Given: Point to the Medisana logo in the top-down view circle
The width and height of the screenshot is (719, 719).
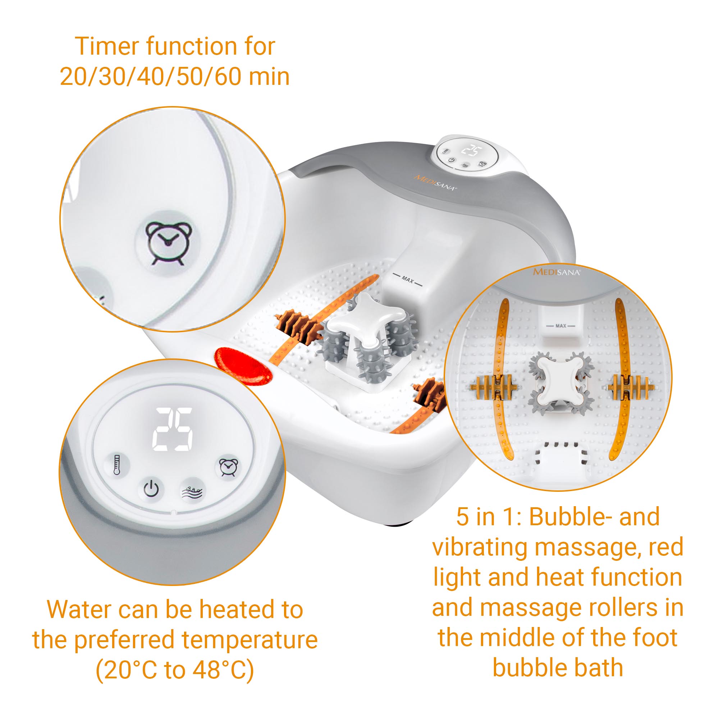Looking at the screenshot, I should pos(557,272).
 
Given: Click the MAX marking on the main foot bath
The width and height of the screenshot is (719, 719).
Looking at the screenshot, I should pos(408,279).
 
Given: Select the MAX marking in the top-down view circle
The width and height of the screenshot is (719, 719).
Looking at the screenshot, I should pos(560,326).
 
